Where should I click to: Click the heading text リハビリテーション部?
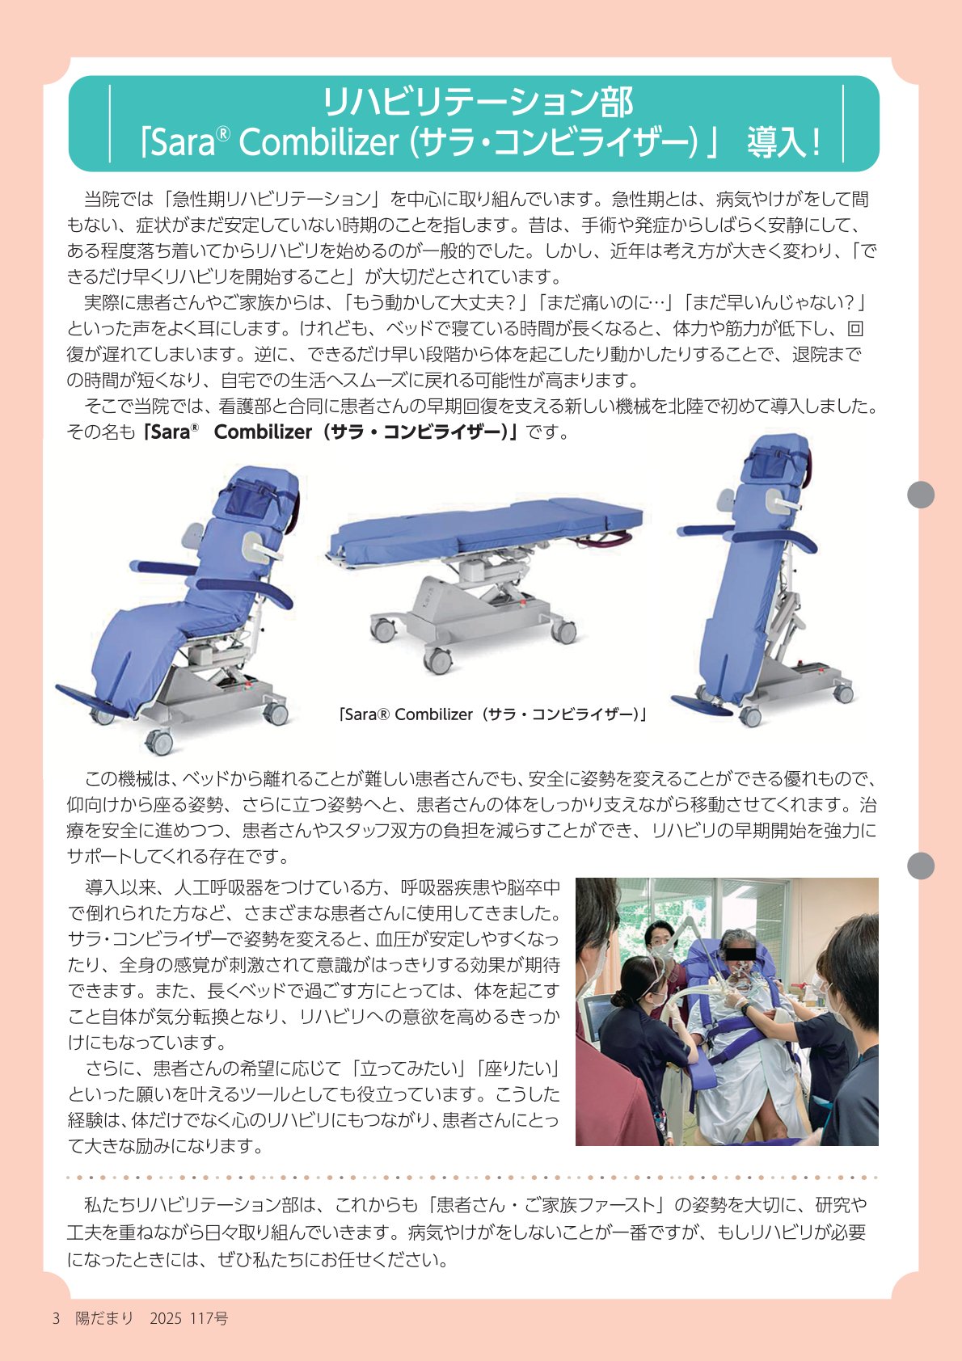tap(478, 102)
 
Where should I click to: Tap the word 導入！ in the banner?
tap(784, 142)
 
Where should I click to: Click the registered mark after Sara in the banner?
tap(223, 133)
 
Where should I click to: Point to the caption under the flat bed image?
tap(492, 714)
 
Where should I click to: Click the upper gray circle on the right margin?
tap(921, 494)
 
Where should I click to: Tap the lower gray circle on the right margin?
tap(921, 866)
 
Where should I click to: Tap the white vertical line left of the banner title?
tap(109, 124)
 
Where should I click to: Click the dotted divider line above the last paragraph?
tap(471, 1178)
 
